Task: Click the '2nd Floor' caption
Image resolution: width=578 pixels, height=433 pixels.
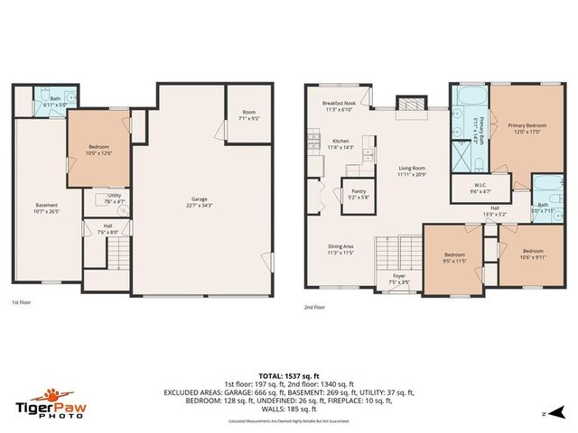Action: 317,307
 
